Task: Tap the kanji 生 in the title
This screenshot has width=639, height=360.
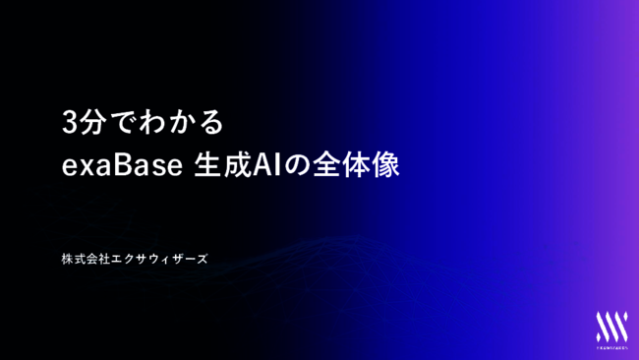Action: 203,165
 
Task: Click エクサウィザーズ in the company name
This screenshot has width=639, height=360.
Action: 159,259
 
